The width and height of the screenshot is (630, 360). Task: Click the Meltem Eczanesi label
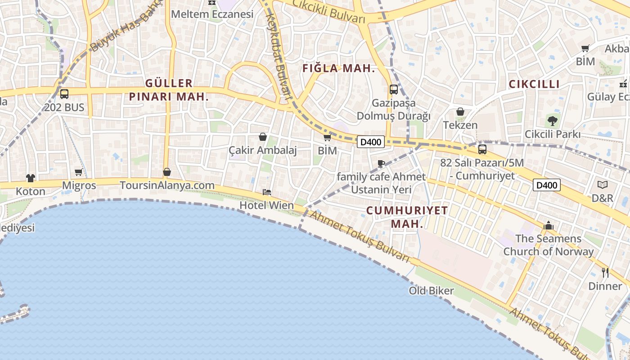(212, 14)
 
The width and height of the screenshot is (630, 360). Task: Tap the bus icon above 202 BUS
(64, 94)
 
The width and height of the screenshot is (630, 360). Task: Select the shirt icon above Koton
(31, 178)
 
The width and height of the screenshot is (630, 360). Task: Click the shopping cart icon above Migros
(79, 172)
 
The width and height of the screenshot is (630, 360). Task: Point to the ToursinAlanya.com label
(167, 185)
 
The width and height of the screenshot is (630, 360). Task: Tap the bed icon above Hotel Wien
(267, 192)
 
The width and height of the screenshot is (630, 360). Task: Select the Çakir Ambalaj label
(263, 150)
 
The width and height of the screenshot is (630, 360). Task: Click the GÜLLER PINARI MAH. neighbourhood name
(169, 90)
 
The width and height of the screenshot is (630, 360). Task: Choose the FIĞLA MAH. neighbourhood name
(339, 68)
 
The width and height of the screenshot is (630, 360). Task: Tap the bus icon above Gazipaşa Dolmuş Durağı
(394, 89)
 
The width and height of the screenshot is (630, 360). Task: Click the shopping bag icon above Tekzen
(460, 112)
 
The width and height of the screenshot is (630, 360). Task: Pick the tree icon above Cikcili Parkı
(552, 121)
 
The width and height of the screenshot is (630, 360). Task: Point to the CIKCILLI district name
(534, 84)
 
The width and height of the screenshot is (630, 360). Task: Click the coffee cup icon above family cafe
(381, 163)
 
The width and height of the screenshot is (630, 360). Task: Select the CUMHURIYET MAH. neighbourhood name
(407, 217)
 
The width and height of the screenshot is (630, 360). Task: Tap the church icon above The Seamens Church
(549, 225)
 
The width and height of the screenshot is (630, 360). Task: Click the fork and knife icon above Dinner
(605, 272)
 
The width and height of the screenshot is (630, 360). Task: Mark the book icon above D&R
(603, 184)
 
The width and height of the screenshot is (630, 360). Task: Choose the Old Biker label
(431, 291)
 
